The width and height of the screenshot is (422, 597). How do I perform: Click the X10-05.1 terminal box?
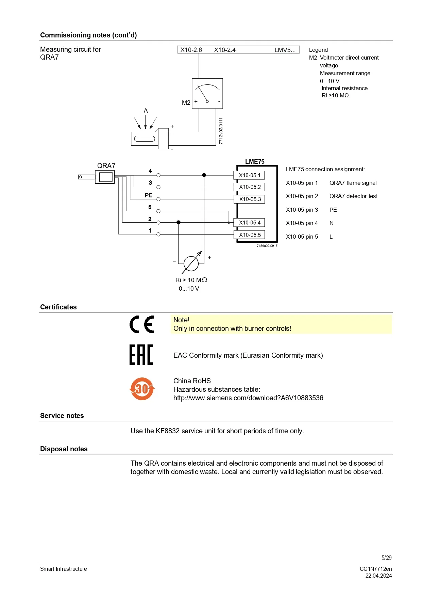click(249, 175)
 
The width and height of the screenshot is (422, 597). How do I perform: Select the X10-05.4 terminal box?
click(249, 223)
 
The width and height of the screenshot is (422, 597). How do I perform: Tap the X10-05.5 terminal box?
click(249, 235)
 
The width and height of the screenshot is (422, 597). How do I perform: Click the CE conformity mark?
click(142, 324)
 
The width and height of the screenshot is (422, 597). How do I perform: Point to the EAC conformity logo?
click(141, 355)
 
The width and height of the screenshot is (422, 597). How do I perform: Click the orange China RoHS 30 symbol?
click(142, 389)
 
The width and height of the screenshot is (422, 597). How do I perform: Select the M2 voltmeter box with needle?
click(207, 94)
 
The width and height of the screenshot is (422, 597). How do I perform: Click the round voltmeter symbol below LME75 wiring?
click(191, 263)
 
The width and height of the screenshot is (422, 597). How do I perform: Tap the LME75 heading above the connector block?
click(255, 162)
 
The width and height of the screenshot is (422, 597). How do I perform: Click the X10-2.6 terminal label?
click(191, 50)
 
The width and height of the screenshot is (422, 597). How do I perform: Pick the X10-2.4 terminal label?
click(225, 50)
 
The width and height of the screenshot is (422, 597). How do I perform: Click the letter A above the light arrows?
click(146, 111)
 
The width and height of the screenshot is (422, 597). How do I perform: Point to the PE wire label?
click(148, 195)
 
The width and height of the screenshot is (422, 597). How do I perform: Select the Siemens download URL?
click(248, 398)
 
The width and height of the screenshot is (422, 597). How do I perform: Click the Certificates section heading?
click(58, 307)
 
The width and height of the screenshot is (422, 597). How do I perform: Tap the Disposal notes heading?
click(64, 449)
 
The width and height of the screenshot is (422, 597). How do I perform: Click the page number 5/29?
click(386, 558)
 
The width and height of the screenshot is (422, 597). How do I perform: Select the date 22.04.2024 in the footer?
click(378, 576)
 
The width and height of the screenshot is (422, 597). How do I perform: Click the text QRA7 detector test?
click(353, 196)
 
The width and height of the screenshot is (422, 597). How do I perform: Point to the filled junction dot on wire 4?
click(204, 175)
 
